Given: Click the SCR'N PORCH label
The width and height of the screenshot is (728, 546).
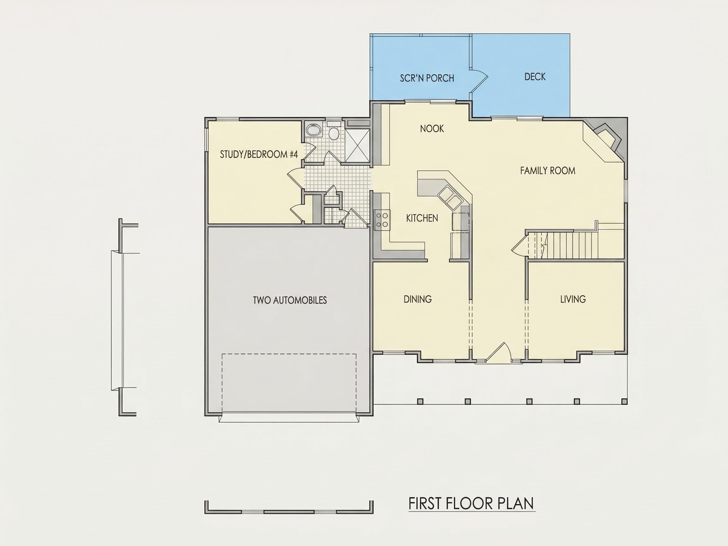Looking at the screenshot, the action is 427,78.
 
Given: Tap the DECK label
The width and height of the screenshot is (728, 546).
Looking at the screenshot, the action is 535,77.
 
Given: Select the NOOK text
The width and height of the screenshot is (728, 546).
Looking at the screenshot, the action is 432,128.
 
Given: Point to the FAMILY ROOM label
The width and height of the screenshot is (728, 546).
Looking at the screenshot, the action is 548,171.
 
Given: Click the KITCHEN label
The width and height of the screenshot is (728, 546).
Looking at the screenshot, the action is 422,218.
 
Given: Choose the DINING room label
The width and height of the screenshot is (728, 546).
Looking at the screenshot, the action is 418,299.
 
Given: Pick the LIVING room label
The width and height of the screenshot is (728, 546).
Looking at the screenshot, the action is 573,299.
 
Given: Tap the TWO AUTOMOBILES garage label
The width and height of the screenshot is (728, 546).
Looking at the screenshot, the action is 290,300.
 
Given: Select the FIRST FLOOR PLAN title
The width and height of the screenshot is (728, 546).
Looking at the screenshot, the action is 471,504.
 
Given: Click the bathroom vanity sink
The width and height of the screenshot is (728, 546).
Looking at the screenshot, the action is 313,130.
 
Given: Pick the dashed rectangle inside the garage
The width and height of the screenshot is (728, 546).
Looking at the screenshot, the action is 289,383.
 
